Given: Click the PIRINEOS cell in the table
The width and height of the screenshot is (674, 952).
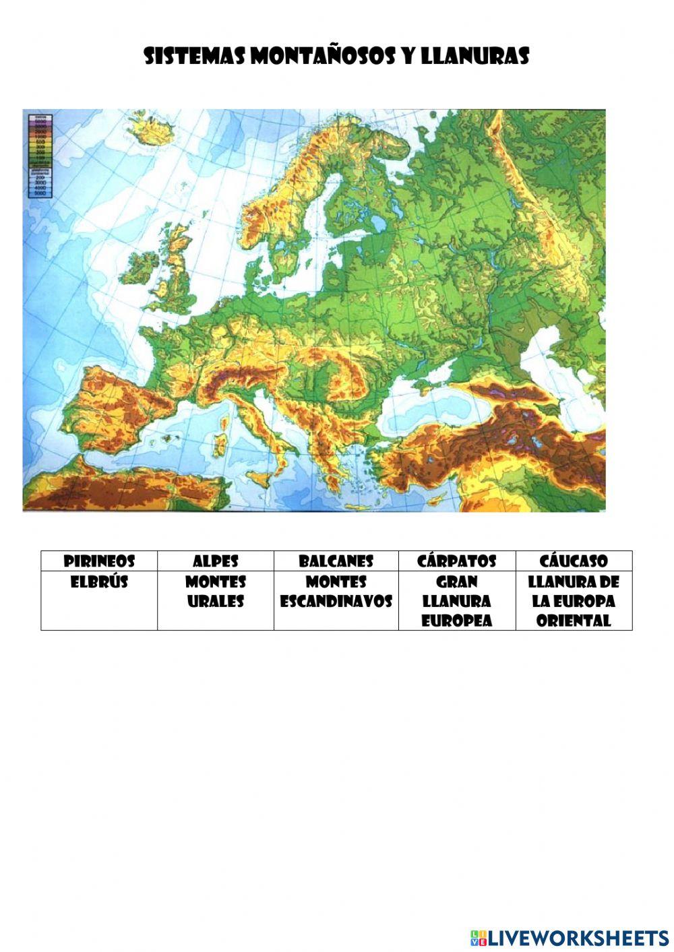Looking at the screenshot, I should [x=99, y=561].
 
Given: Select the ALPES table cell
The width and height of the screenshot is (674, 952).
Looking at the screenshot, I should [x=216, y=561].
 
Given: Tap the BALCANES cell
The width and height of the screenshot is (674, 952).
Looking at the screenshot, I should [x=336, y=561].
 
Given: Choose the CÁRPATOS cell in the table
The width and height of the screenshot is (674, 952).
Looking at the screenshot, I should [x=456, y=561].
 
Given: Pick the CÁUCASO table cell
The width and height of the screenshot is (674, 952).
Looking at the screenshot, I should [x=574, y=561].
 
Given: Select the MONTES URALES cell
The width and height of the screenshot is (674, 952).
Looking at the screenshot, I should [x=216, y=592].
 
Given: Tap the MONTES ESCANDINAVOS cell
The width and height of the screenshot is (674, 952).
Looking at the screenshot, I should [x=336, y=592].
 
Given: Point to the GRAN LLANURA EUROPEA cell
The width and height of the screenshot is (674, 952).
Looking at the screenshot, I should [x=456, y=601].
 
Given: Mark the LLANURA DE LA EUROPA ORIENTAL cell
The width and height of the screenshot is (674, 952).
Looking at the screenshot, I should [x=574, y=601].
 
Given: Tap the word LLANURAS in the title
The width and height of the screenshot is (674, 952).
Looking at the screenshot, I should [x=474, y=57].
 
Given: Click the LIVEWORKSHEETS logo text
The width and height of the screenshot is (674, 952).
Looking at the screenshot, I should [x=578, y=937].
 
